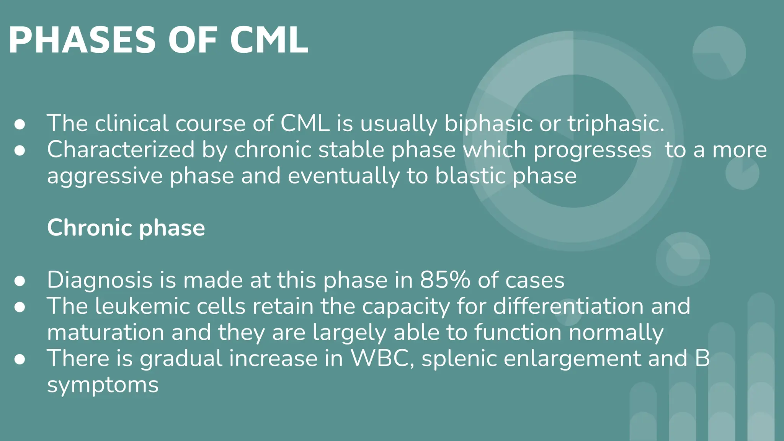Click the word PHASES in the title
pyautogui.click(x=82, y=41)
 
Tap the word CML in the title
pyautogui.click(x=269, y=41)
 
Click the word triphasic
pyautogui.click(x=616, y=124)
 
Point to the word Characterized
pyautogui.click(x=121, y=150)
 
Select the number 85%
pyautogui.click(x=445, y=280)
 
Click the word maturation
pyautogui.click(x=106, y=332)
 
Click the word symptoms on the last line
pyautogui.click(x=103, y=385)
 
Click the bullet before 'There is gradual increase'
pyautogui.click(x=20, y=359)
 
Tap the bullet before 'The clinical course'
pyautogui.click(x=20, y=124)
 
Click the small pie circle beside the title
pyautogui.click(x=719, y=53)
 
